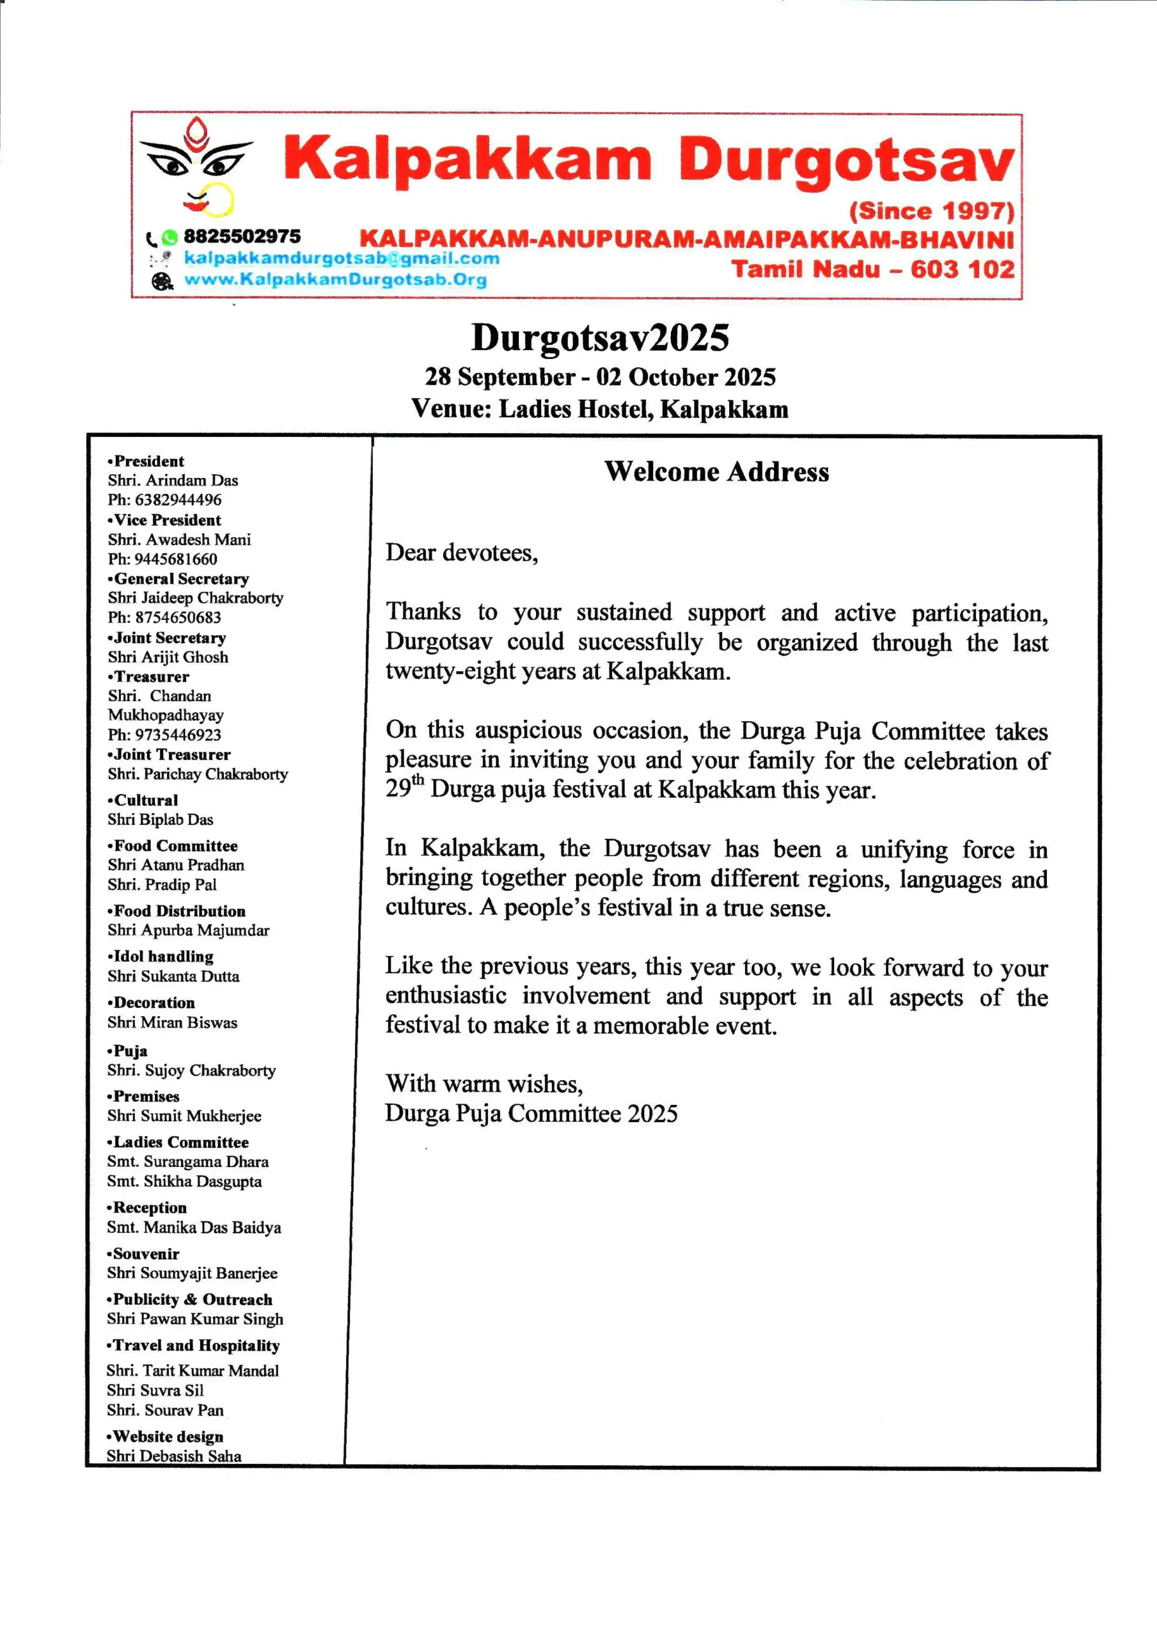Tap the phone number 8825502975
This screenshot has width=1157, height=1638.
tap(242, 236)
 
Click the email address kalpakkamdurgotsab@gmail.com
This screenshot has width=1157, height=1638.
tap(341, 258)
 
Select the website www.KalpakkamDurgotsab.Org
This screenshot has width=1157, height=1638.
tap(335, 279)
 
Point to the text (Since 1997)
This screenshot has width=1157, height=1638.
tap(931, 211)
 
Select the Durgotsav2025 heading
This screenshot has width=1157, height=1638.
tap(599, 337)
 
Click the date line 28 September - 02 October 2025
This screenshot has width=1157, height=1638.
tap(599, 377)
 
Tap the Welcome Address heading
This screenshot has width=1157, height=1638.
tap(716, 472)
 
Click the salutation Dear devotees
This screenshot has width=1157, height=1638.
tap(462, 552)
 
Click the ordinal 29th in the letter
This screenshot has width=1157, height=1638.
tap(404, 788)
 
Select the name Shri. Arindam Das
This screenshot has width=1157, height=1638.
tap(173, 480)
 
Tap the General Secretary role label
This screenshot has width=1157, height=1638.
tap(181, 578)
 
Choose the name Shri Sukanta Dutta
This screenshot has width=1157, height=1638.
tap(173, 976)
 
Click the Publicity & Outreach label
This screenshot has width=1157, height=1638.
tap(192, 1299)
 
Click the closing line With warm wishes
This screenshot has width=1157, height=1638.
tap(484, 1084)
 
